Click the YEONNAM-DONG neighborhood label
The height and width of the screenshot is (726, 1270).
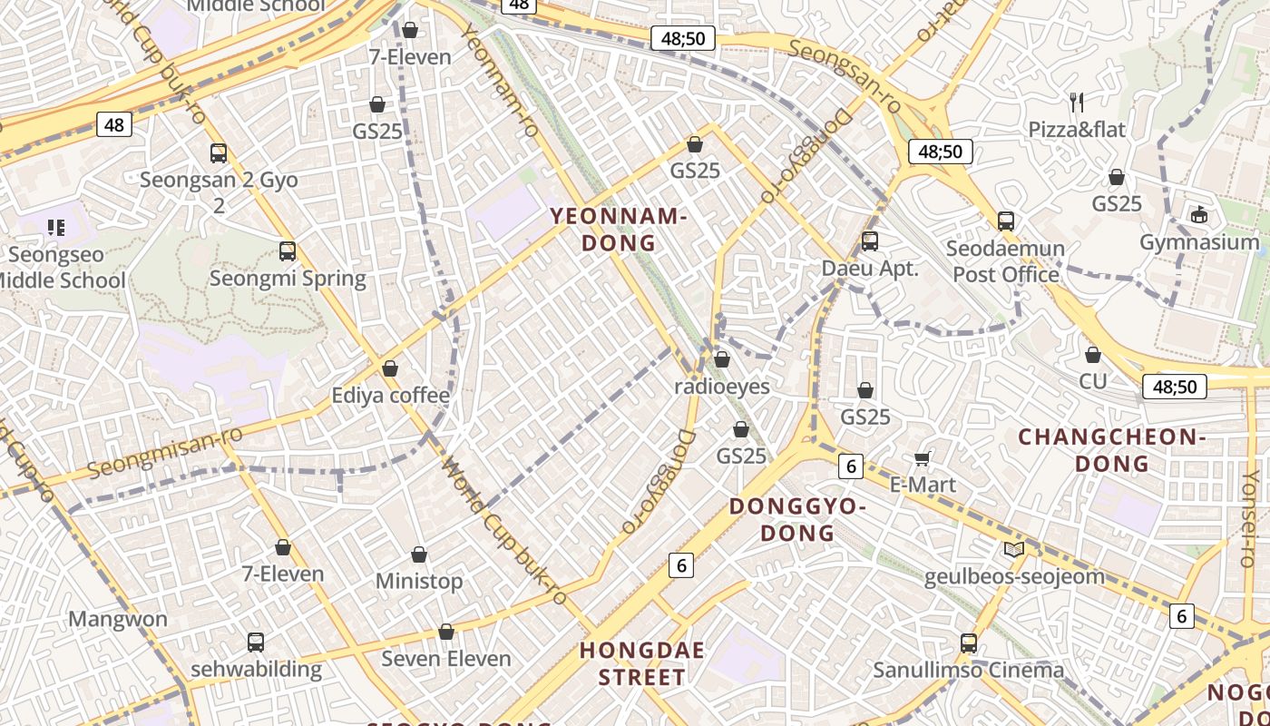coord(618,230)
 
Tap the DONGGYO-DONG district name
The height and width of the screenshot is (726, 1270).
coord(796,519)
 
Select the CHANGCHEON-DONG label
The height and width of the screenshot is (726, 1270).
coord(1111,450)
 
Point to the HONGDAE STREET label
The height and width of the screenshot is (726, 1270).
coord(642,663)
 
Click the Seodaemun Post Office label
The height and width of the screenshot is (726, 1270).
coord(1005,261)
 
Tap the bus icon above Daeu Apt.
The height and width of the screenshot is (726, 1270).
coord(869,241)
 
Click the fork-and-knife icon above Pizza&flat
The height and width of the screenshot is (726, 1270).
coord(1077,102)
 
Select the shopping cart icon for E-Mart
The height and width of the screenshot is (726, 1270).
coord(923,458)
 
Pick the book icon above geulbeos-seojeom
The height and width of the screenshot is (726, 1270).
coord(1013,549)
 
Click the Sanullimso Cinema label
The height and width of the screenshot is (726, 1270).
coord(968,671)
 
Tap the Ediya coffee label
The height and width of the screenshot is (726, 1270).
coord(390,396)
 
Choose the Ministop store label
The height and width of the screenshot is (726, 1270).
coord(419,581)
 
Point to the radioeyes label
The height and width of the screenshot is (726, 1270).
coord(721,387)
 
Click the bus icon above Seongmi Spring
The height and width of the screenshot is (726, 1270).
coord(288,251)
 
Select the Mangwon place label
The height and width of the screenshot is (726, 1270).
coord(118,620)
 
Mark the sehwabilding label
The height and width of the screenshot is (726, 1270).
coord(256,670)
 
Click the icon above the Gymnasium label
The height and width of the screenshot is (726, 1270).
coord(1199,215)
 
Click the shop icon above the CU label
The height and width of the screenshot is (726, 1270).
coord(1093,355)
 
